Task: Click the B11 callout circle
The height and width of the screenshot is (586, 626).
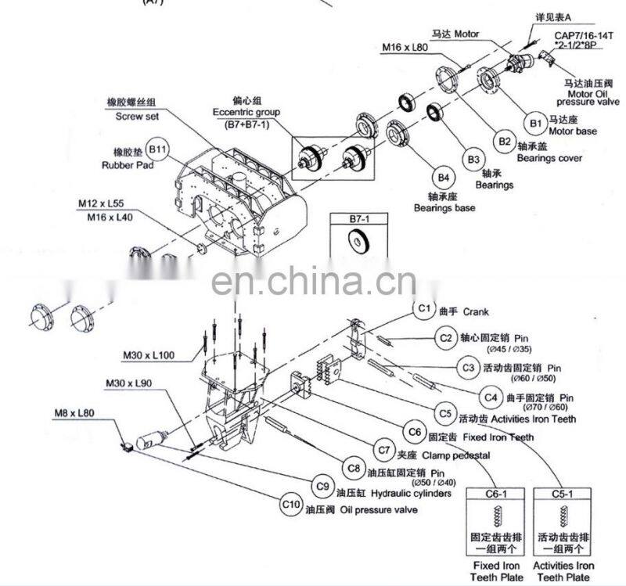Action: [158, 149]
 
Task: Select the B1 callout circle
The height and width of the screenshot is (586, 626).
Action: [536, 123]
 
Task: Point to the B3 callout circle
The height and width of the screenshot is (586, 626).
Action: [473, 160]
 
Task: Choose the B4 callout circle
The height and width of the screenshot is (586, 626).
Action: [444, 177]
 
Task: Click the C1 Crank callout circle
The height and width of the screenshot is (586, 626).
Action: [424, 310]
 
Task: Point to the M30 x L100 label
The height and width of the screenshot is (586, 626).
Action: [148, 356]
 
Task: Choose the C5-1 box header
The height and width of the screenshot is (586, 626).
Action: [563, 494]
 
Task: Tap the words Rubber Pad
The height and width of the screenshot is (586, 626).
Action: [127, 165]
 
